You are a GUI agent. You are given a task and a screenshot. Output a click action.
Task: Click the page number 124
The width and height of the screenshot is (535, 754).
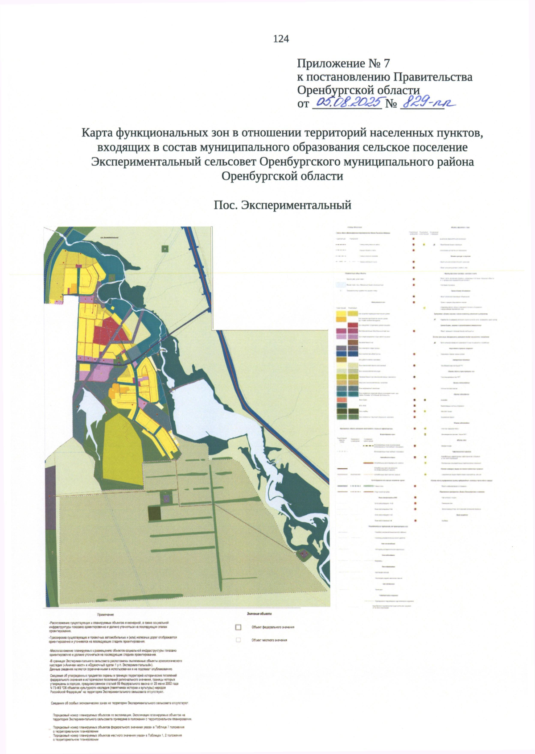pos(281,39)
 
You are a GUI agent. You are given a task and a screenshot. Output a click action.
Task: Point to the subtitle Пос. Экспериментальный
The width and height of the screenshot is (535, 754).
pos(282,205)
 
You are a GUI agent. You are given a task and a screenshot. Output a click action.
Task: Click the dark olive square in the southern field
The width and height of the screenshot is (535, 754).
pos(154,513)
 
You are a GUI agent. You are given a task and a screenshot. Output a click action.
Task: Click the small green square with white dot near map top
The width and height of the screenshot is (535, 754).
pos(165,249)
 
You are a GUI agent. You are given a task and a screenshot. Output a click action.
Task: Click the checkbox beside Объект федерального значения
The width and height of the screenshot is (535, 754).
pos(238,627)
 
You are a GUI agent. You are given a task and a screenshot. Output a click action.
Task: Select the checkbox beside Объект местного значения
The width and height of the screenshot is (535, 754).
pos(238,640)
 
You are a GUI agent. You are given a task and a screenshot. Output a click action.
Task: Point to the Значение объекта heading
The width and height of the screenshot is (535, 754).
pos(259,614)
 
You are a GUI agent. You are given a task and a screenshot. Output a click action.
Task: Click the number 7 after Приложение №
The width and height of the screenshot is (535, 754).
pos(387,64)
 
